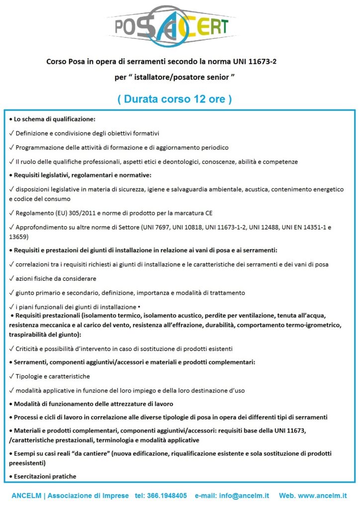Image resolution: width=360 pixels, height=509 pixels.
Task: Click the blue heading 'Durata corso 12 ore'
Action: [175, 99]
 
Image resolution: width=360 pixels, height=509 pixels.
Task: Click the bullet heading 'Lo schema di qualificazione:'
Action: [54, 119]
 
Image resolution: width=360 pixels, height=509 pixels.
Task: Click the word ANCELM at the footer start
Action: [27, 496]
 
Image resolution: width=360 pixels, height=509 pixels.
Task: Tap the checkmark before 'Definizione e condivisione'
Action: [11, 133]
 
